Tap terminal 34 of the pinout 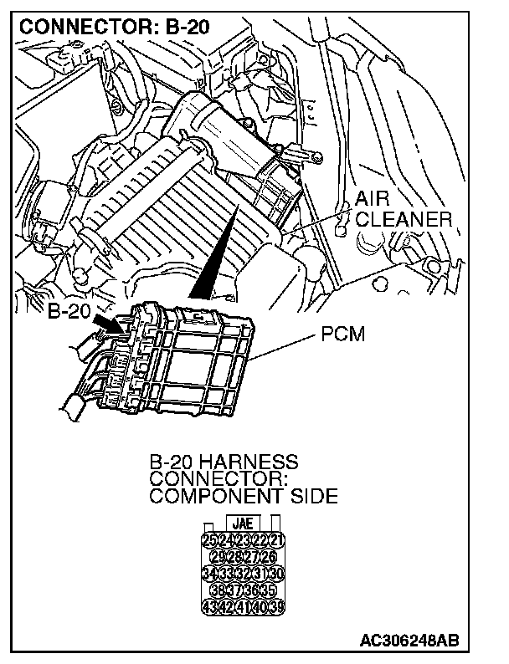tap(209, 574)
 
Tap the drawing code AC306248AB tap(410, 641)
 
